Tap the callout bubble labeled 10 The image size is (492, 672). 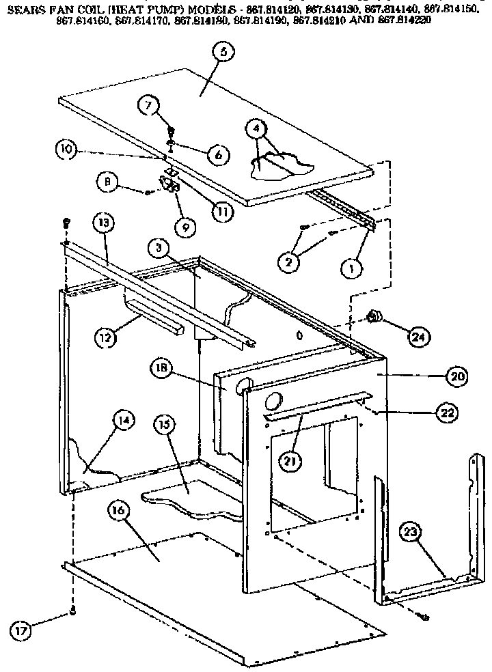(x=66, y=150)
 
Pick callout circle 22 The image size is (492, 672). (x=446, y=412)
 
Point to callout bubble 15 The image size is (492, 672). (x=163, y=424)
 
